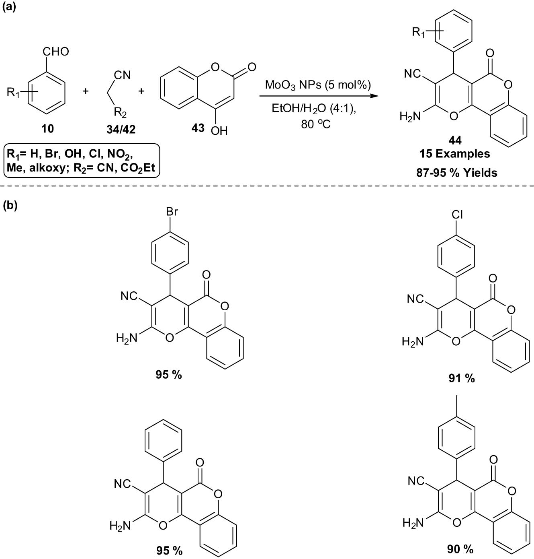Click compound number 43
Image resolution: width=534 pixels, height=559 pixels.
click(198, 128)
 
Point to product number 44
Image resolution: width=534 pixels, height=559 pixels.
click(455, 140)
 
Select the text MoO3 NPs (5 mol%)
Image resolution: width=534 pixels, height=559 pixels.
click(318, 85)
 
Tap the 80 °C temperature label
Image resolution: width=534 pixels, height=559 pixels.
click(316, 124)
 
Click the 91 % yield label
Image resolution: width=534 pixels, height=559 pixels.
click(461, 378)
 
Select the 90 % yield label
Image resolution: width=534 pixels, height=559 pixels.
click(460, 549)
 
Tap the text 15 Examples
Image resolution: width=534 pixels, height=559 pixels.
click(455, 154)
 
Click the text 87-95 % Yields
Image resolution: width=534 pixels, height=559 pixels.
click(457, 173)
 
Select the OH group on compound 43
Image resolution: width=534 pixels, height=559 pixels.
click(219, 130)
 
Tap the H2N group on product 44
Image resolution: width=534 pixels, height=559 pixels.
click(410, 117)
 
